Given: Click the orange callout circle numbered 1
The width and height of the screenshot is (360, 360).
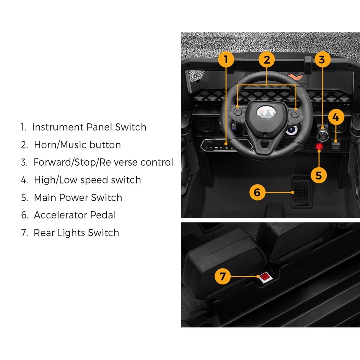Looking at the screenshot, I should pos(226,60).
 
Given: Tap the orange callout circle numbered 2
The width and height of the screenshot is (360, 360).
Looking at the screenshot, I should pos(267,60).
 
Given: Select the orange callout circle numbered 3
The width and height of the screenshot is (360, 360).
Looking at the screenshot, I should pos(322,60).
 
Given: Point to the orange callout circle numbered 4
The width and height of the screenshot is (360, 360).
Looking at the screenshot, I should pos(336,118).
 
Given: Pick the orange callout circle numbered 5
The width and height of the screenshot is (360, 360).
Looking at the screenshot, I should pos(319,175).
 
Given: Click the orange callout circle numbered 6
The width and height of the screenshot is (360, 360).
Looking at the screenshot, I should pos(257,192).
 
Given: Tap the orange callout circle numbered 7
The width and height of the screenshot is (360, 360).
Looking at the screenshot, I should pos(223,276).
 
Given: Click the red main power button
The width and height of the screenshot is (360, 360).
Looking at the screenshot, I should pos(319,147).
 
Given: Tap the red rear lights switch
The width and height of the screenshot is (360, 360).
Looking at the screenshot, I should pos(264,277).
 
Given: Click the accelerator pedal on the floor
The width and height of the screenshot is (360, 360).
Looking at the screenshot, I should pos(301,191).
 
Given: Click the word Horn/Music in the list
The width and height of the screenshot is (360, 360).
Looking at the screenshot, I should pos(60,145).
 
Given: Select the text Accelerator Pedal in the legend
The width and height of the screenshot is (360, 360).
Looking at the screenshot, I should pos(75,215).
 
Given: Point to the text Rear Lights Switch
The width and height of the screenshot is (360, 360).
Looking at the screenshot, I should pos(76,232).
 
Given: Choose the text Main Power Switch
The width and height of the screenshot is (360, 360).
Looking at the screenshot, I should pos(78,198).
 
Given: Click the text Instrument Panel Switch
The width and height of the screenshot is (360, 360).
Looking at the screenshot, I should pos(89,127).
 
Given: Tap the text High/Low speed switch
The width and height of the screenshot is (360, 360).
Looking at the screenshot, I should pos(87,180).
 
